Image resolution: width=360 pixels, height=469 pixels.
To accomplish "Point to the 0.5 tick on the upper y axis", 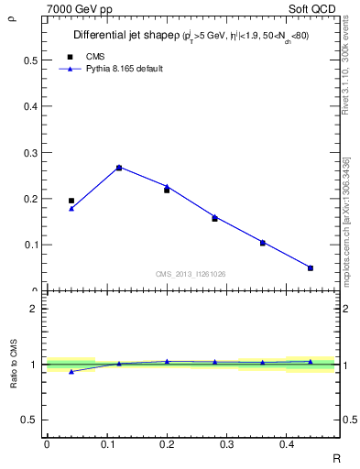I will pyautogui.click(x=32, y=60).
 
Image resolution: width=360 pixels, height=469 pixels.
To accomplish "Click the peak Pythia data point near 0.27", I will pyautogui.click(x=119, y=168).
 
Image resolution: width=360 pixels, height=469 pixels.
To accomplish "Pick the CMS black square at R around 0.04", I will pyautogui.click(x=71, y=201).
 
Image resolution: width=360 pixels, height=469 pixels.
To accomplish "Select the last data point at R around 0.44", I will pyautogui.click(x=311, y=267).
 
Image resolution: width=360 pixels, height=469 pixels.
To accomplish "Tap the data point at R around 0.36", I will pyautogui.click(x=263, y=243).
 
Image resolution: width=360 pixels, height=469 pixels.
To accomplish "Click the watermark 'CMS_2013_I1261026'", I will pyautogui.click(x=191, y=273).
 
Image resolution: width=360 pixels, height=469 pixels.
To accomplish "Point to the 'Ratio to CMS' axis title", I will pyautogui.click(x=14, y=364).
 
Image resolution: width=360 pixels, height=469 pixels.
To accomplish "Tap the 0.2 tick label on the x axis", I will pyautogui.click(x=167, y=444).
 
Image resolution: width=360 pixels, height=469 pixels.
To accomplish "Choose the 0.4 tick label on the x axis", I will pyautogui.click(x=287, y=444).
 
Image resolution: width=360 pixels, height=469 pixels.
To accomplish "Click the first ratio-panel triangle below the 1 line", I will pyautogui.click(x=71, y=371).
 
